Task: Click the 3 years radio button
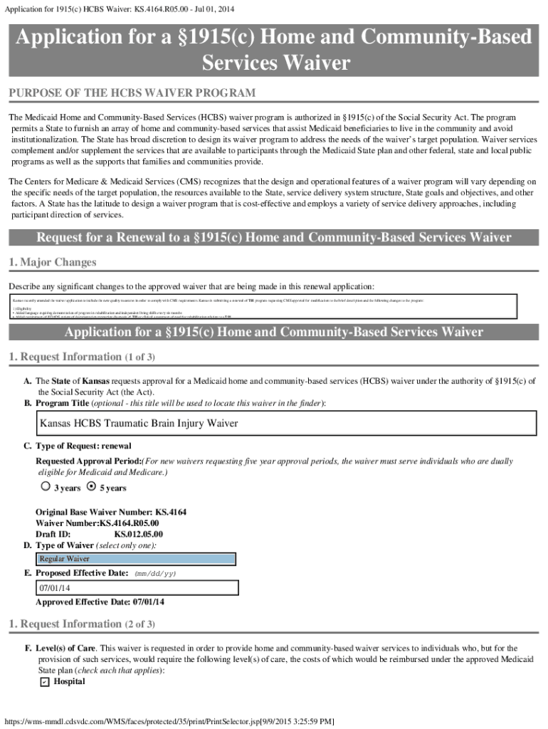pos(46,487)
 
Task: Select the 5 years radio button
pos(90,487)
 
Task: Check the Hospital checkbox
pos(44,682)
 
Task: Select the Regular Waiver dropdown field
pos(135,559)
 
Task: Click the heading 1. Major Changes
pos(52,263)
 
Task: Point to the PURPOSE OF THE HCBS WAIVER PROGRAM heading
pos(132,94)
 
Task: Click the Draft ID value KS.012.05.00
pos(138,534)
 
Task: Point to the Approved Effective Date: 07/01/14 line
pos(100,602)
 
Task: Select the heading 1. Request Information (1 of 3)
pos(81,357)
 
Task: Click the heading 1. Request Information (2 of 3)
pos(81,624)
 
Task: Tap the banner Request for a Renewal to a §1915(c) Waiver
pos(273,237)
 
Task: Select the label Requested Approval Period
pos(89,461)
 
